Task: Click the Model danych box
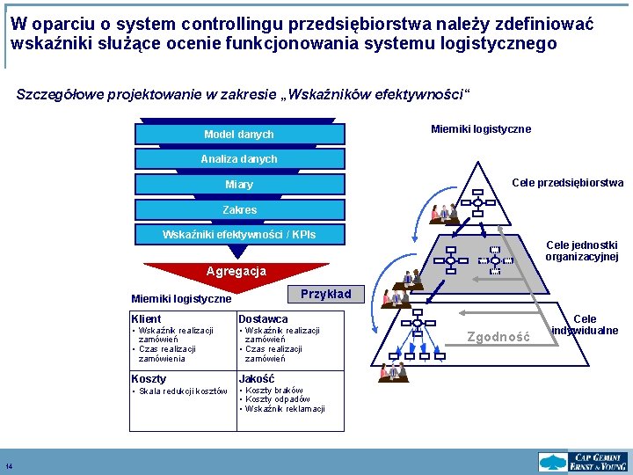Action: (x=239, y=135)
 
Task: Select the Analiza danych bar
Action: (x=239, y=159)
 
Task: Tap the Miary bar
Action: (x=239, y=185)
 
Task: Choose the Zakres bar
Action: (x=239, y=210)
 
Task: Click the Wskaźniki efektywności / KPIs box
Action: (x=239, y=235)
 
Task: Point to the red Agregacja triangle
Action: (x=236, y=274)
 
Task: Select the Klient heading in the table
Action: (x=146, y=318)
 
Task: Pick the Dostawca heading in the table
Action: (x=263, y=318)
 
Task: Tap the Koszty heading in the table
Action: (x=149, y=378)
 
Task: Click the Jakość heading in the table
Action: (x=257, y=378)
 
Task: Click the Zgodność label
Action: (x=498, y=336)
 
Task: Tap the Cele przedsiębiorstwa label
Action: (x=567, y=183)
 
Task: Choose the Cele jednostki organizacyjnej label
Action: (x=581, y=251)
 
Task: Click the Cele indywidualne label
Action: (x=585, y=325)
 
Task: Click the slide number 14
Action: (x=9, y=466)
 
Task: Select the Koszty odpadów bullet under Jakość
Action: (x=278, y=399)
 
